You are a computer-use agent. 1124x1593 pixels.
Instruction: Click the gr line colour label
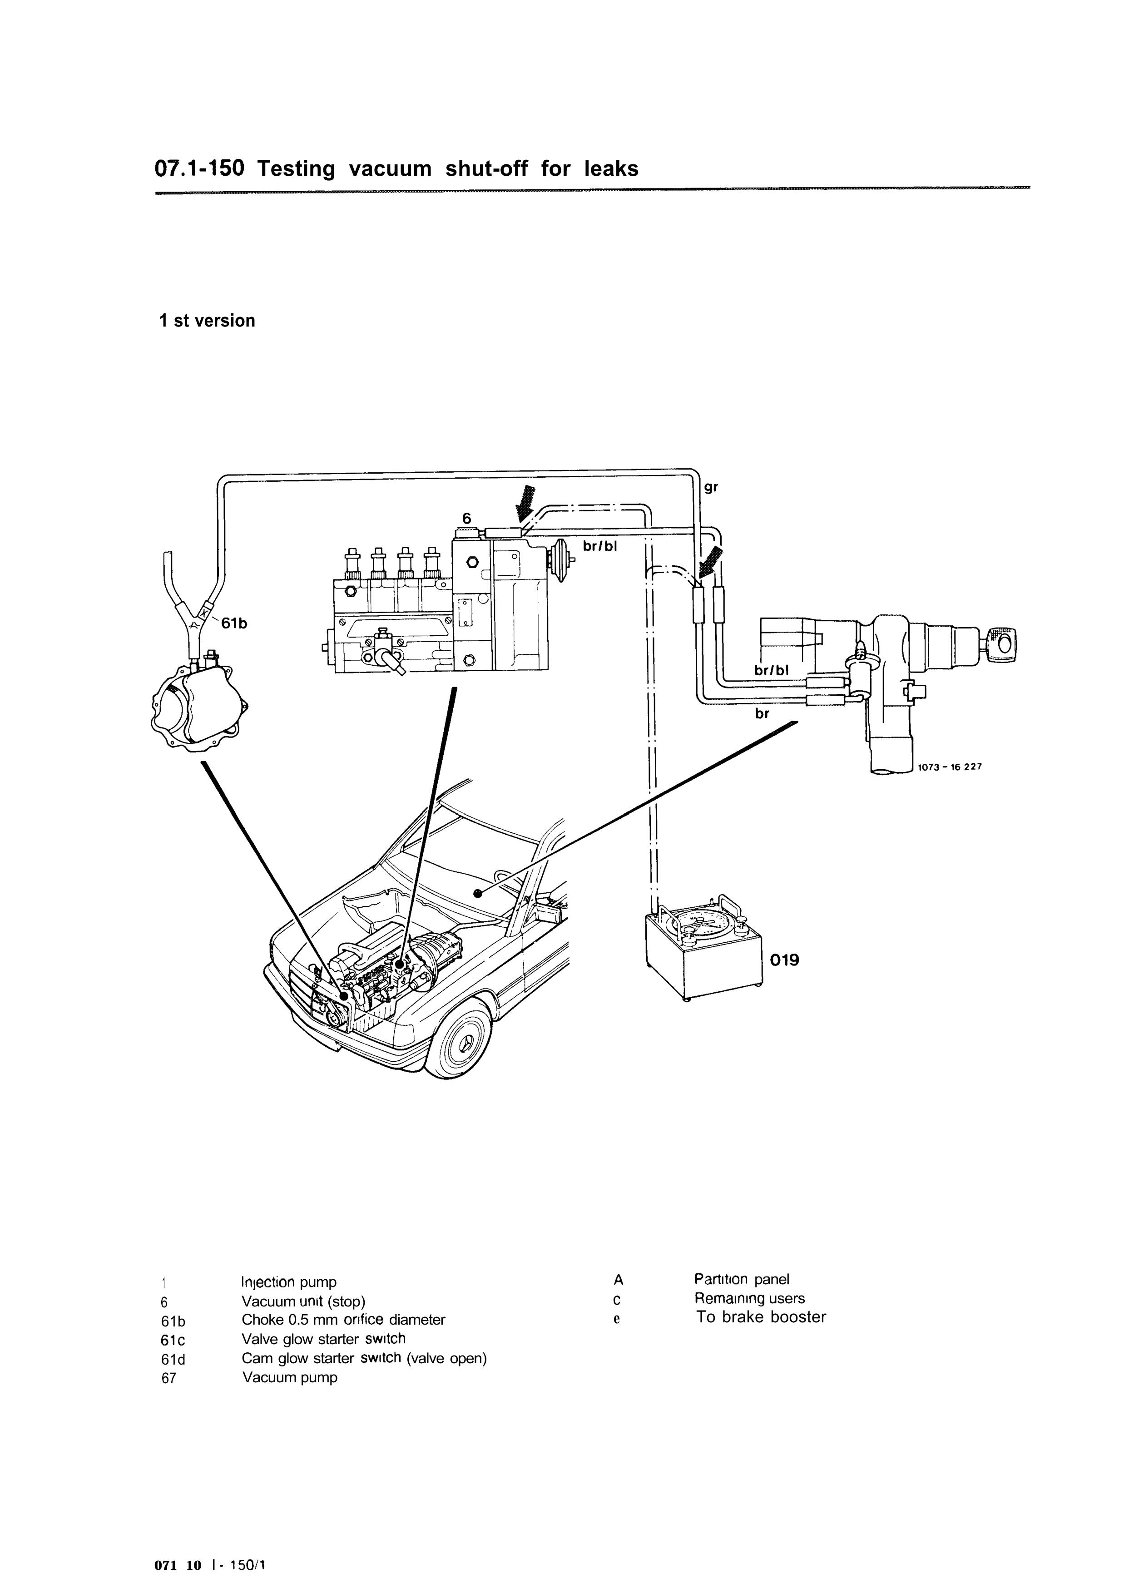[711, 488]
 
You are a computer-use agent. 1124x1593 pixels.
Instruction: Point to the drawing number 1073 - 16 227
[950, 767]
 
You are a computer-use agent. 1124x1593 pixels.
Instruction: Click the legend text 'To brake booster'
[761, 1317]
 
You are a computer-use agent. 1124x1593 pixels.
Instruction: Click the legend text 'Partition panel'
[742, 1279]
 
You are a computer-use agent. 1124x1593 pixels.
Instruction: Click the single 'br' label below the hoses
[763, 713]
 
